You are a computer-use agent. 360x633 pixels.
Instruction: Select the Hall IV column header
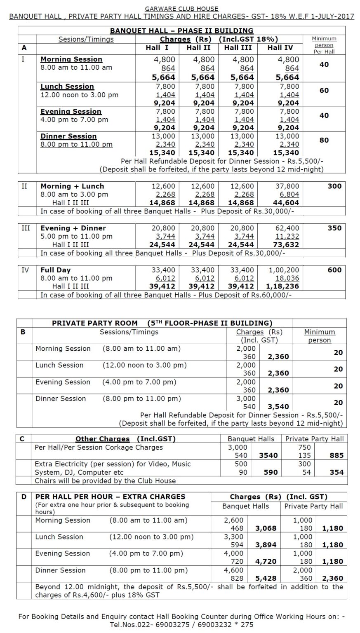pos(280,48)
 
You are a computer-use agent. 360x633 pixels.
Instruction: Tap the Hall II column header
pos(199,48)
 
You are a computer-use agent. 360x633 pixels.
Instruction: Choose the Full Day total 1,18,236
pos(283,286)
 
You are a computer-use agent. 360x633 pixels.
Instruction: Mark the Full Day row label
pos(56,270)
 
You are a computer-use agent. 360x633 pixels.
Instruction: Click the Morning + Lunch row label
pos(72,186)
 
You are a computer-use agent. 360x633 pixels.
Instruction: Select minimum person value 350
pos(334,228)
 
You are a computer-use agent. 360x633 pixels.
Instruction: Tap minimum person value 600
pos(334,270)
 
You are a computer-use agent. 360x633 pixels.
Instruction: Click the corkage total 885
pos(336,456)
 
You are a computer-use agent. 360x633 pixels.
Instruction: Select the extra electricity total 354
pos(336,472)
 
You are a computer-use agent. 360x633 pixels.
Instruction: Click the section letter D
pos(24,497)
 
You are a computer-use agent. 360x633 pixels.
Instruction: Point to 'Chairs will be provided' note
pos(105,481)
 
